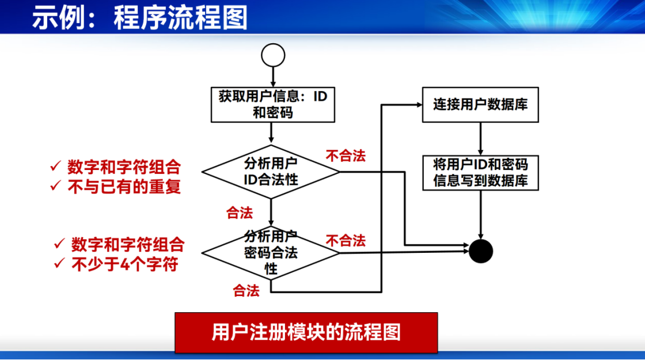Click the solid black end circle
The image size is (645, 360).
[x=480, y=251]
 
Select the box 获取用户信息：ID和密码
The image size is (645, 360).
[x=273, y=104]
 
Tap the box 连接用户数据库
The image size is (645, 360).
[x=480, y=104]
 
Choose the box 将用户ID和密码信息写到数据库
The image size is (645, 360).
[x=480, y=173]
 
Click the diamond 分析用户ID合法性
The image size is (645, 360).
[x=271, y=172]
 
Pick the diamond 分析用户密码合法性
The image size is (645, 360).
[x=271, y=253]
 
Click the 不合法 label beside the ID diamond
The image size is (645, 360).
[x=346, y=156]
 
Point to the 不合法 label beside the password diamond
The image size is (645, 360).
[x=346, y=241]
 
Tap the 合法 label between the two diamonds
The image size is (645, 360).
[x=240, y=213]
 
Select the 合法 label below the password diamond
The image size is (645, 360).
[x=246, y=290]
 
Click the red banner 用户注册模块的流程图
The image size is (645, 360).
[x=306, y=332]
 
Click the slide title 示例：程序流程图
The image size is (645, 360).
[x=140, y=18]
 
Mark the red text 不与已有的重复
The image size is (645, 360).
[x=124, y=187]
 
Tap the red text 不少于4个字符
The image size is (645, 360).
[x=124, y=264]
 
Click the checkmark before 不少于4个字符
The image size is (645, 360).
[x=59, y=263]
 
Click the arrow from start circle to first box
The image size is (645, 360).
[x=273, y=77]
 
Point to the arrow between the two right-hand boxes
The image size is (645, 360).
[x=480, y=139]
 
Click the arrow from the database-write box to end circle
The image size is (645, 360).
[x=480, y=215]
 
